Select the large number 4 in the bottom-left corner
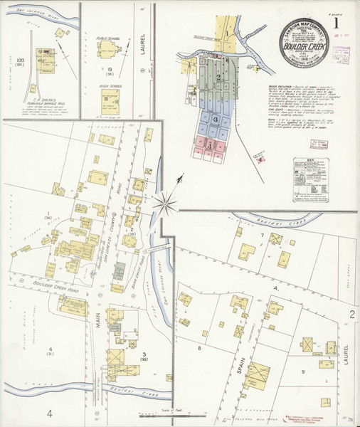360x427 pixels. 50,413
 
